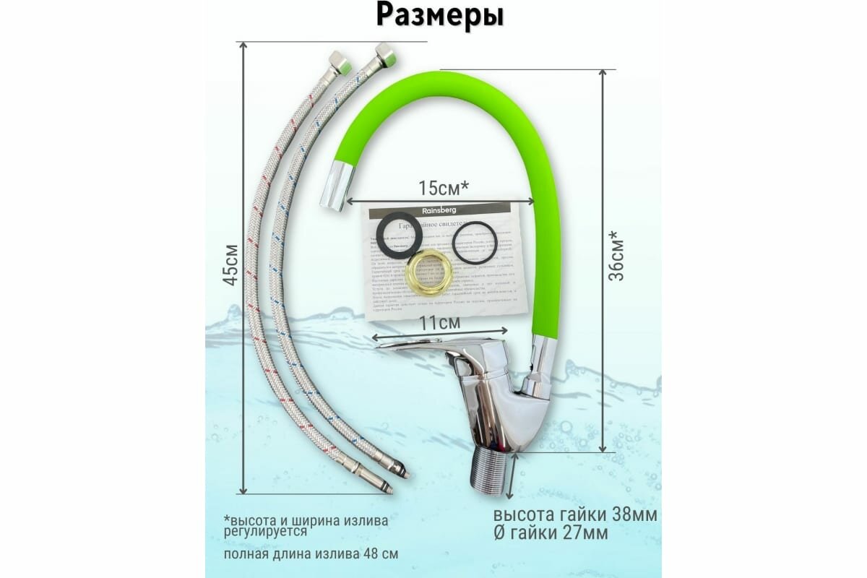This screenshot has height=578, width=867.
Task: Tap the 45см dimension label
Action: [x=230, y=264]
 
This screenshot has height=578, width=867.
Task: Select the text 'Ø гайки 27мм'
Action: [x=551, y=533]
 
